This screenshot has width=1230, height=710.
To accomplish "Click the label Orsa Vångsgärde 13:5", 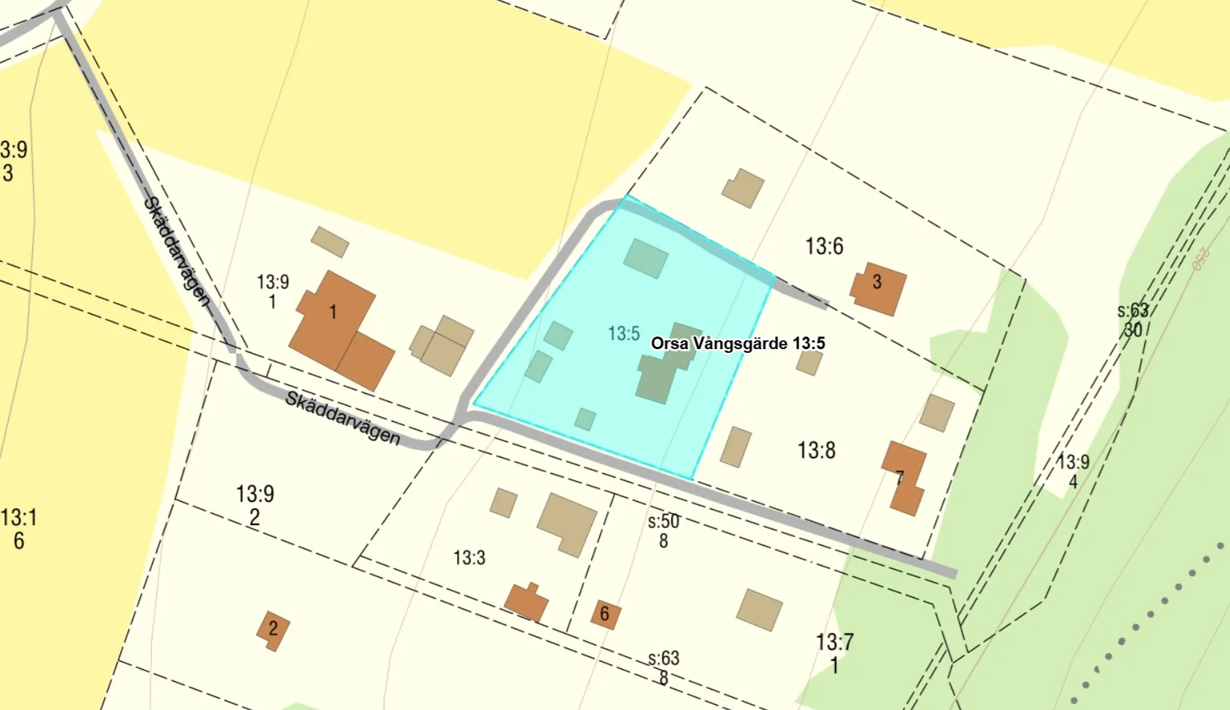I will [x=737, y=344].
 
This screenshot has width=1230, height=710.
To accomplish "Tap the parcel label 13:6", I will [x=824, y=246].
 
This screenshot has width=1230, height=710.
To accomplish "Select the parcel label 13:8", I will [x=816, y=450].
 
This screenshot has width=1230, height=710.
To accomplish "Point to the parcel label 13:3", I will [x=469, y=558].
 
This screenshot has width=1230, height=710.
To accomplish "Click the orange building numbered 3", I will [x=879, y=287].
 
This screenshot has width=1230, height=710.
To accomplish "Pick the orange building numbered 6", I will [x=605, y=614].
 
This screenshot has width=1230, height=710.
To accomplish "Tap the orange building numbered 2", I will [x=273, y=629].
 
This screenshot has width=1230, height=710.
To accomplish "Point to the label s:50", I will [x=663, y=521].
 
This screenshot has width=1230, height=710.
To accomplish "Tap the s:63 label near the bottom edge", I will [x=663, y=659].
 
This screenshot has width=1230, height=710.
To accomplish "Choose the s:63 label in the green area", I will [x=1132, y=311].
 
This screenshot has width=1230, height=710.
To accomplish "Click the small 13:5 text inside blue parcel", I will [x=623, y=333].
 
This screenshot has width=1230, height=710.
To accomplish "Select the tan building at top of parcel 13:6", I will [x=742, y=188].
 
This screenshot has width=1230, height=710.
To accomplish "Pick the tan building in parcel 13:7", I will [x=759, y=609].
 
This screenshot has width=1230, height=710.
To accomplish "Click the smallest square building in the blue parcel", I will [x=585, y=419].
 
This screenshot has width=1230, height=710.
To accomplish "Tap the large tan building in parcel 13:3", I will [x=567, y=523].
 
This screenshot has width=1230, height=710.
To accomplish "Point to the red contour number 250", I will [x=1199, y=259].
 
